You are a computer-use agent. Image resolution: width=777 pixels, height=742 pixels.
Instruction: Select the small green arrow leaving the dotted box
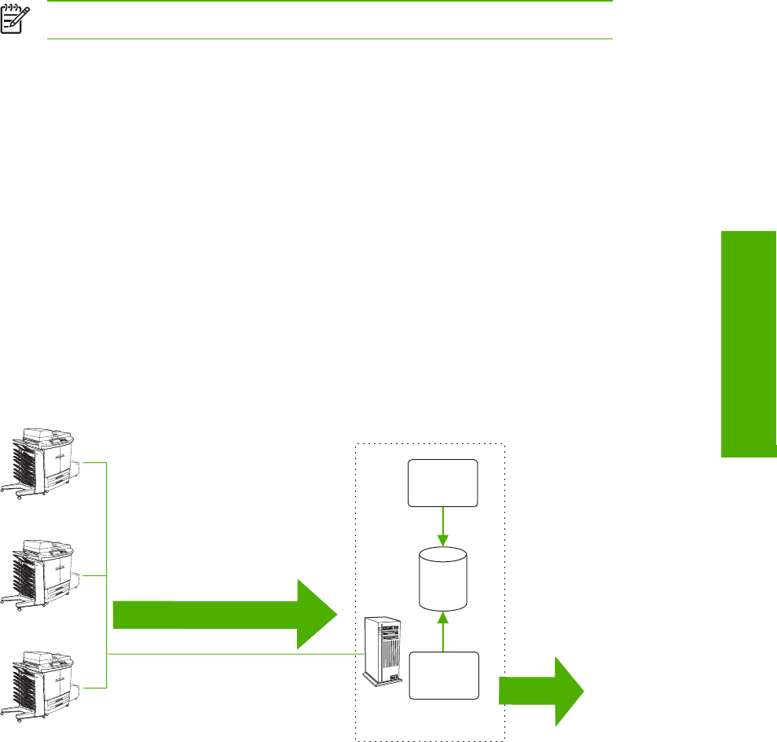point(541,692)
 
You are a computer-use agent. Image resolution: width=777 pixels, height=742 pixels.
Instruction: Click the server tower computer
point(383,653)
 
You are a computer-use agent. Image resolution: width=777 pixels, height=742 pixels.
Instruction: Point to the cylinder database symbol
point(443,580)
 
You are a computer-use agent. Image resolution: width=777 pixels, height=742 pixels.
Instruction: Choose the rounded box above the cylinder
point(443,483)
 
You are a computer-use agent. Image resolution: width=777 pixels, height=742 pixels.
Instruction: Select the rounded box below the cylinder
point(443,675)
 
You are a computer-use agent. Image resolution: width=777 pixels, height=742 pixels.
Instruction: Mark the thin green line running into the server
point(236,653)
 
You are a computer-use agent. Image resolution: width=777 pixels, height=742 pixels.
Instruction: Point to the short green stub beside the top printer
point(93,463)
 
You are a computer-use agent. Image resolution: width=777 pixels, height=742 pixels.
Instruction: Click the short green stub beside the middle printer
point(93,575)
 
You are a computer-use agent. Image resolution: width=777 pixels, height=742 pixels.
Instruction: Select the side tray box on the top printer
point(76,472)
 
